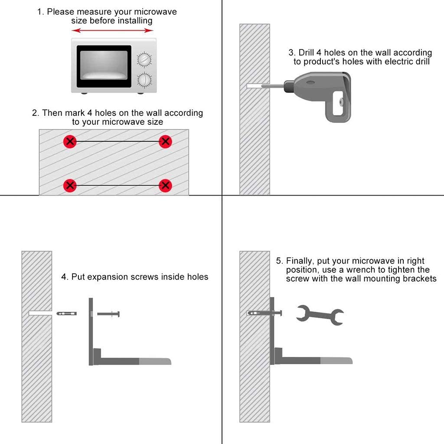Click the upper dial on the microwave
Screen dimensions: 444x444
tap(144, 60)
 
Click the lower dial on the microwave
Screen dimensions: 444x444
tap(144, 80)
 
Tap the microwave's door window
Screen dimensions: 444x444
tap(104, 65)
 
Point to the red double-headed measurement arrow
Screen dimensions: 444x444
tap(112, 30)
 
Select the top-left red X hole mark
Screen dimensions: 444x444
tap(70, 141)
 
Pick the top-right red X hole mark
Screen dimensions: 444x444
tap(165, 141)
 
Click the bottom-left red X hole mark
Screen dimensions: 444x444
tap(70, 186)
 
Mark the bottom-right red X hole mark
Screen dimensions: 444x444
tap(165, 186)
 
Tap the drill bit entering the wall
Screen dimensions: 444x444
tap(265, 86)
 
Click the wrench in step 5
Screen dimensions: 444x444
tap(320, 315)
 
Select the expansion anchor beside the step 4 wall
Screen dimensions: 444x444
tap(66, 313)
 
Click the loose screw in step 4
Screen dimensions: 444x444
tap(108, 314)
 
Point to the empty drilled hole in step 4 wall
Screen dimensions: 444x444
tap(40, 313)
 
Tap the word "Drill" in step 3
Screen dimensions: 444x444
tap(306, 52)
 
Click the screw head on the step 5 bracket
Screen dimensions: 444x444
tap(281, 313)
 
